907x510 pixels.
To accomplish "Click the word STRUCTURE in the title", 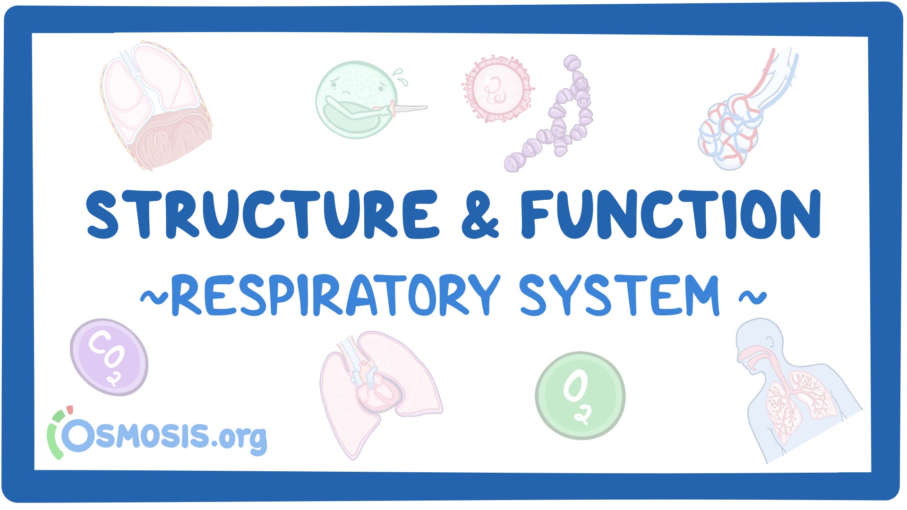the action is (x=263, y=214).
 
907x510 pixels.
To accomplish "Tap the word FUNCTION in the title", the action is (x=671, y=214).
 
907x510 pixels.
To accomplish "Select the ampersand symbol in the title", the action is (x=480, y=215).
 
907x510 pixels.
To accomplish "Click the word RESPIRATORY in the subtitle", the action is (x=335, y=295).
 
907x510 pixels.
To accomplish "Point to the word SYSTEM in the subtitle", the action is (x=619, y=295).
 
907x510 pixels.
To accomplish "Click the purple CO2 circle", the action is (x=109, y=357).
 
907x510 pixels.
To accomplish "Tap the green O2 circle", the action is (x=580, y=396).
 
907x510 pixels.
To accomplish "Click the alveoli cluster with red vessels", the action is (x=730, y=132).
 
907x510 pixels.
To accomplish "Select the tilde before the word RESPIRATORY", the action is (x=154, y=297).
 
